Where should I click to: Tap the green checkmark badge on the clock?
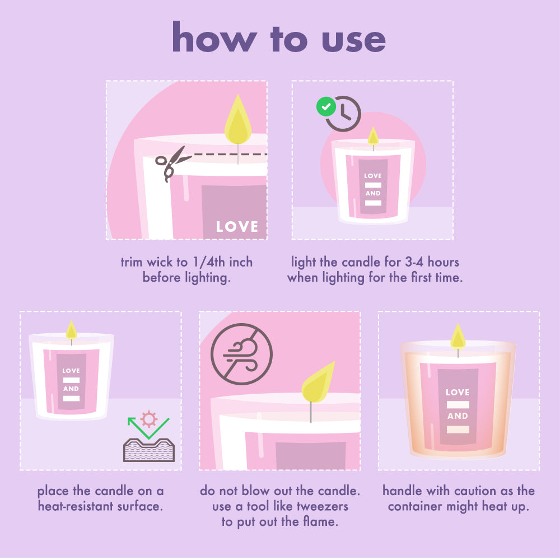[x=326, y=106]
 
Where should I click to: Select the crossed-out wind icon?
[x=241, y=354]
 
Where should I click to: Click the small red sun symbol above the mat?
[x=149, y=419]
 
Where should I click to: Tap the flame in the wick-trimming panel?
[x=238, y=119]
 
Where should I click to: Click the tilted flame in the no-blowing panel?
[x=318, y=382]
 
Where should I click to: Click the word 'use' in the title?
[x=353, y=40]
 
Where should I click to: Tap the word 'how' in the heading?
[x=214, y=36]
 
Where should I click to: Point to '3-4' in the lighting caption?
[x=414, y=262]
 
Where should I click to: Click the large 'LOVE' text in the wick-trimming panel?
[x=237, y=227]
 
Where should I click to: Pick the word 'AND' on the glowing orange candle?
[x=458, y=416]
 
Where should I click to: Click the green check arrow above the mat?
[x=148, y=428]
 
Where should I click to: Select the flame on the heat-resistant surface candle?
[x=72, y=330]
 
